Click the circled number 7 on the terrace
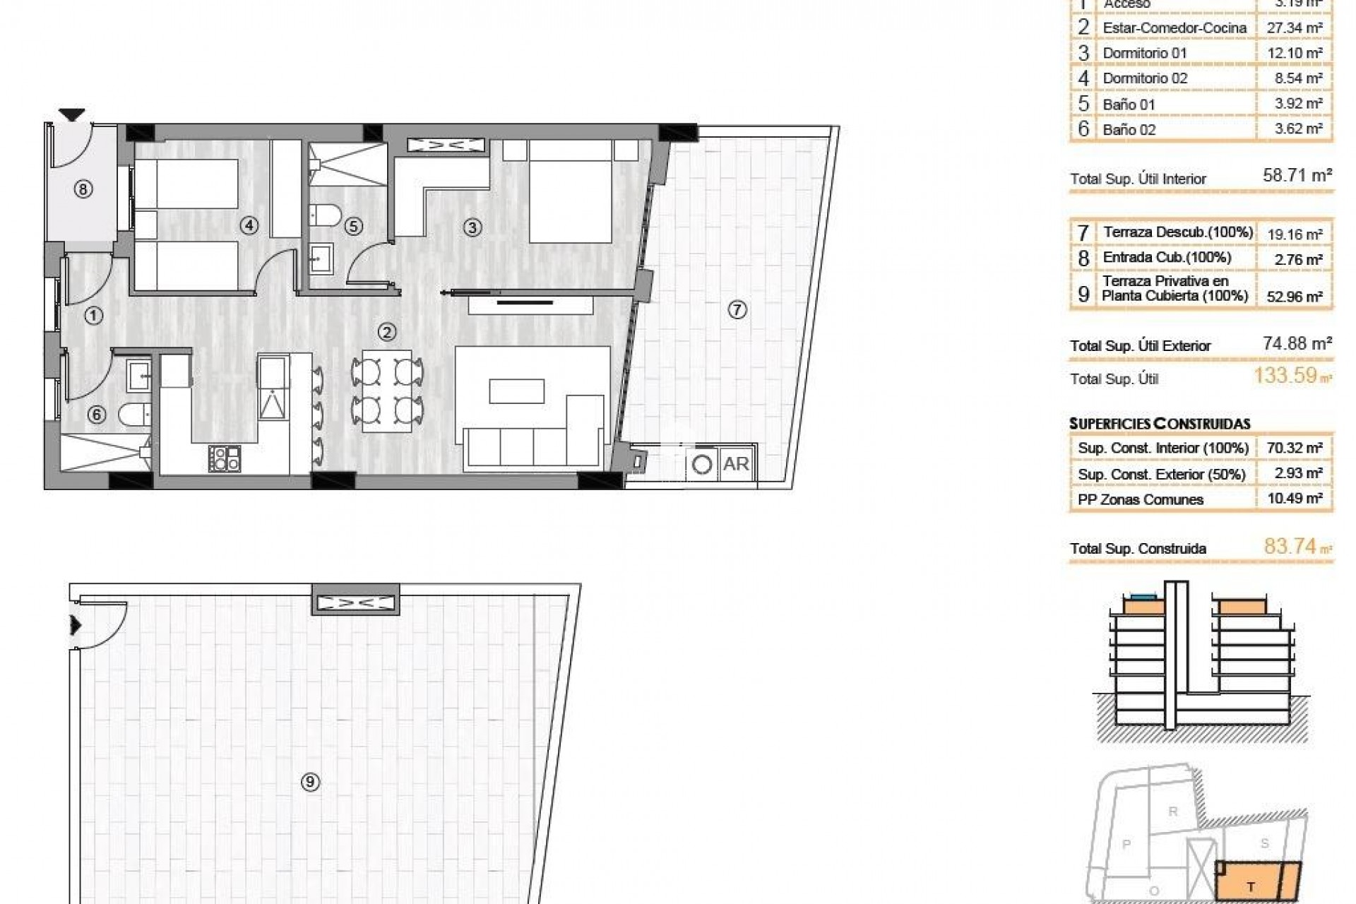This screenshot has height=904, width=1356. (737, 309)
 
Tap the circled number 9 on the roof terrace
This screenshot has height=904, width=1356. (310, 782)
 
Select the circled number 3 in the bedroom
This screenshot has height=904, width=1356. (472, 227)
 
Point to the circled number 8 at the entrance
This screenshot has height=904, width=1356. (83, 189)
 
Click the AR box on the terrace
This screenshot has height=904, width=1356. (736, 464)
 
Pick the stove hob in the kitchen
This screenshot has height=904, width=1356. (225, 458)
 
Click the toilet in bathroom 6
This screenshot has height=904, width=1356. (135, 415)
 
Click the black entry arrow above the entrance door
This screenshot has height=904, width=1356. (72, 114)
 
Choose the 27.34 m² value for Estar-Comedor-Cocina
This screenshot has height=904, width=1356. (1299, 28)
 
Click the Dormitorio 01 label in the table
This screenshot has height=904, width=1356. (1144, 53)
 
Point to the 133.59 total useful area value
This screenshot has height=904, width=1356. (1286, 375)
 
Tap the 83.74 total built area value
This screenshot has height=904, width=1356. (1290, 546)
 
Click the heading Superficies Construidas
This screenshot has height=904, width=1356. (1160, 424)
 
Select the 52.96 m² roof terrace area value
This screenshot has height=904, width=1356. (1299, 297)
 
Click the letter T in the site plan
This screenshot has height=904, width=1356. (1251, 887)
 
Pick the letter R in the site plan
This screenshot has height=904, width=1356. (1173, 811)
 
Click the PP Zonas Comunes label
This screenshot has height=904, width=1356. (1140, 499)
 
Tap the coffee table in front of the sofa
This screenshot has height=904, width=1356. (517, 391)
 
